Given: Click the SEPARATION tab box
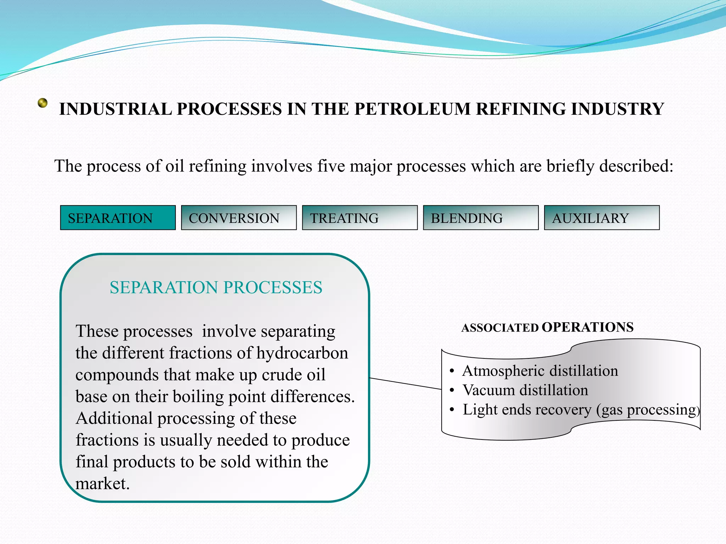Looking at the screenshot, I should point(118,218).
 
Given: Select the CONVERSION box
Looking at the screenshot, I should point(239,218).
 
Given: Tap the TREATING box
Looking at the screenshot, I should point(359,218).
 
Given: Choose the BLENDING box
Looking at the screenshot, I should point(481,218).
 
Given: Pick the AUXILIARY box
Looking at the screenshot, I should point(602,218).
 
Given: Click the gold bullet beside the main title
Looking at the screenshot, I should point(43,103).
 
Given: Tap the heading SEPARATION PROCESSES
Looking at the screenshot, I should point(216,287).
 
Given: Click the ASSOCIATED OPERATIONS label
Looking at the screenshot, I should point(547,327).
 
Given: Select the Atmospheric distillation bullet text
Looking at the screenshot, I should point(540,371).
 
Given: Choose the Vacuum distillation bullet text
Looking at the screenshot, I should point(525,390).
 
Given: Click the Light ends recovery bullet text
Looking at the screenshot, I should point(581,410).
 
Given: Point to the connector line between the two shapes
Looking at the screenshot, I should point(406,384).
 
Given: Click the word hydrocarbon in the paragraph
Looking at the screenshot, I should point(302,353).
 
